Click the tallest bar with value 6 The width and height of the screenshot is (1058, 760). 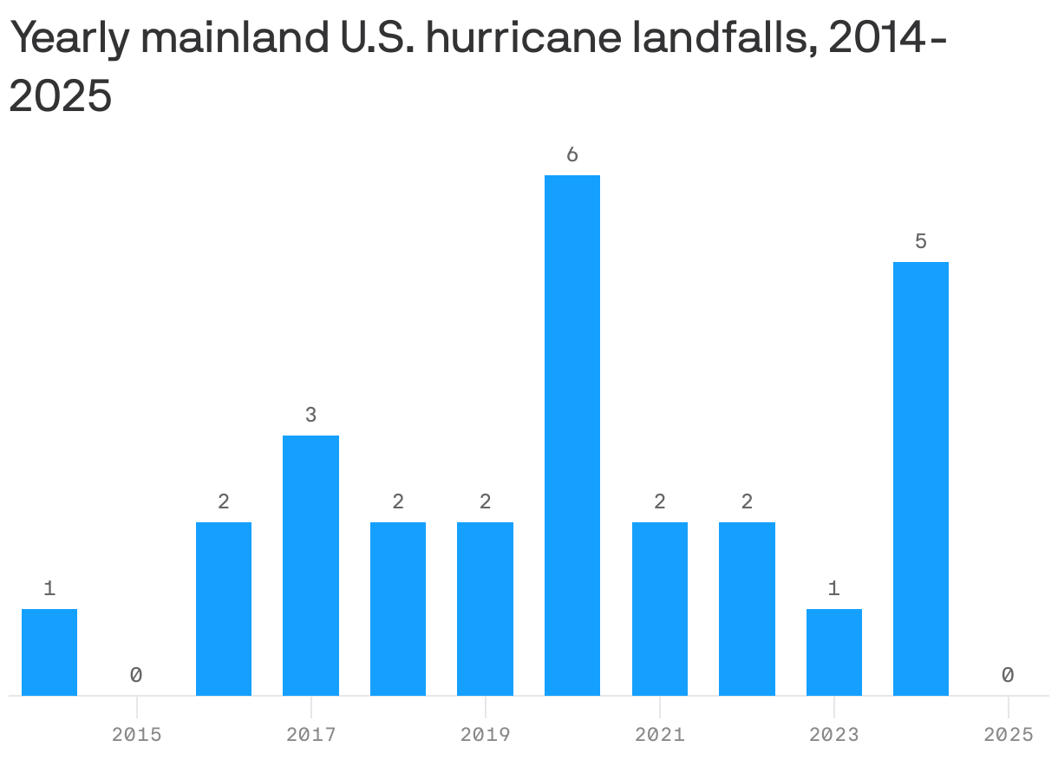(x=572, y=435)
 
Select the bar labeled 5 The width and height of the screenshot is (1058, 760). (x=921, y=478)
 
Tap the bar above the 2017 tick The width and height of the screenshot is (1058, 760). (x=310, y=565)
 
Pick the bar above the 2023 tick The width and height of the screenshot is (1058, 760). (x=834, y=652)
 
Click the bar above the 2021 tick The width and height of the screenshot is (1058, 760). (x=660, y=608)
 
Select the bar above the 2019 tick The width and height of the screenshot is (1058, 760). (x=485, y=608)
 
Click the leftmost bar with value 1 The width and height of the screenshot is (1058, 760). (x=49, y=652)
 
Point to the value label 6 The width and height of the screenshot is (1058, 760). (x=572, y=155)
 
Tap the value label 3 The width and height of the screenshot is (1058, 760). (x=310, y=416)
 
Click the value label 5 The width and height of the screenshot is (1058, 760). (x=921, y=242)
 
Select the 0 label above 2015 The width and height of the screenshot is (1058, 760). (x=136, y=675)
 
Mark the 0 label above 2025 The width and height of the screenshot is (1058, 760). (x=1008, y=675)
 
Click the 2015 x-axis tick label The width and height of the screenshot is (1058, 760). (x=136, y=735)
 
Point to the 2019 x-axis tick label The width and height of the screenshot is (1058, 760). (x=485, y=735)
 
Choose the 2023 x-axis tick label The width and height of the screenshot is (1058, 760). (x=834, y=735)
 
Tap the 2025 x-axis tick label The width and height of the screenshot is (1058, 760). (x=1008, y=735)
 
